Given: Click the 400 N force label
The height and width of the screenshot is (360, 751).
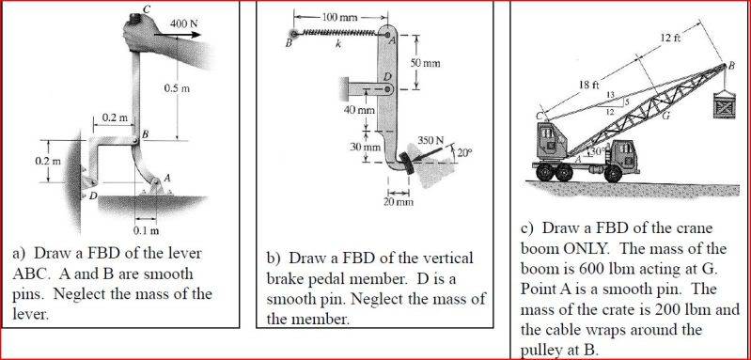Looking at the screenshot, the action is coord(184,23).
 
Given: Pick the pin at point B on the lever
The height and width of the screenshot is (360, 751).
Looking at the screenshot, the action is coord(136,140).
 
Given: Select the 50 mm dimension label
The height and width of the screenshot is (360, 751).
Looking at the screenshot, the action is coord(425,63).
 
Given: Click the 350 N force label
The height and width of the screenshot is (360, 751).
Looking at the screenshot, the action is coord(430,141).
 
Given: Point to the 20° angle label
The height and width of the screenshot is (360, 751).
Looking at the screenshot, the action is coord(464,153).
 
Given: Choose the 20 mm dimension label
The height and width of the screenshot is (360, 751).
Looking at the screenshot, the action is coord(398,202).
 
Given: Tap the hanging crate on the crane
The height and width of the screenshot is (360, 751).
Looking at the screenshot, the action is coord(726,104).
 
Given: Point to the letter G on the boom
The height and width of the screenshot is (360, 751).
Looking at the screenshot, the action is coord(665,115).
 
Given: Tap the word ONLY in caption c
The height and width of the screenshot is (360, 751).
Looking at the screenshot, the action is coord(585,249).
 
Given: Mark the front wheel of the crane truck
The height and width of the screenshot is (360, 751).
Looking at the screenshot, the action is coord(614,173).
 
